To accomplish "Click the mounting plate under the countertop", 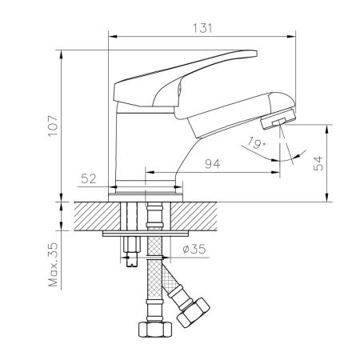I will (146, 234).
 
